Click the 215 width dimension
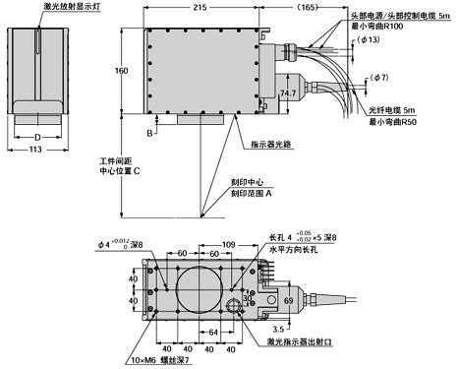200,7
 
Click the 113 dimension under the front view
35,151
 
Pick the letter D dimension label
36,136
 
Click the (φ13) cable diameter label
368,40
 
